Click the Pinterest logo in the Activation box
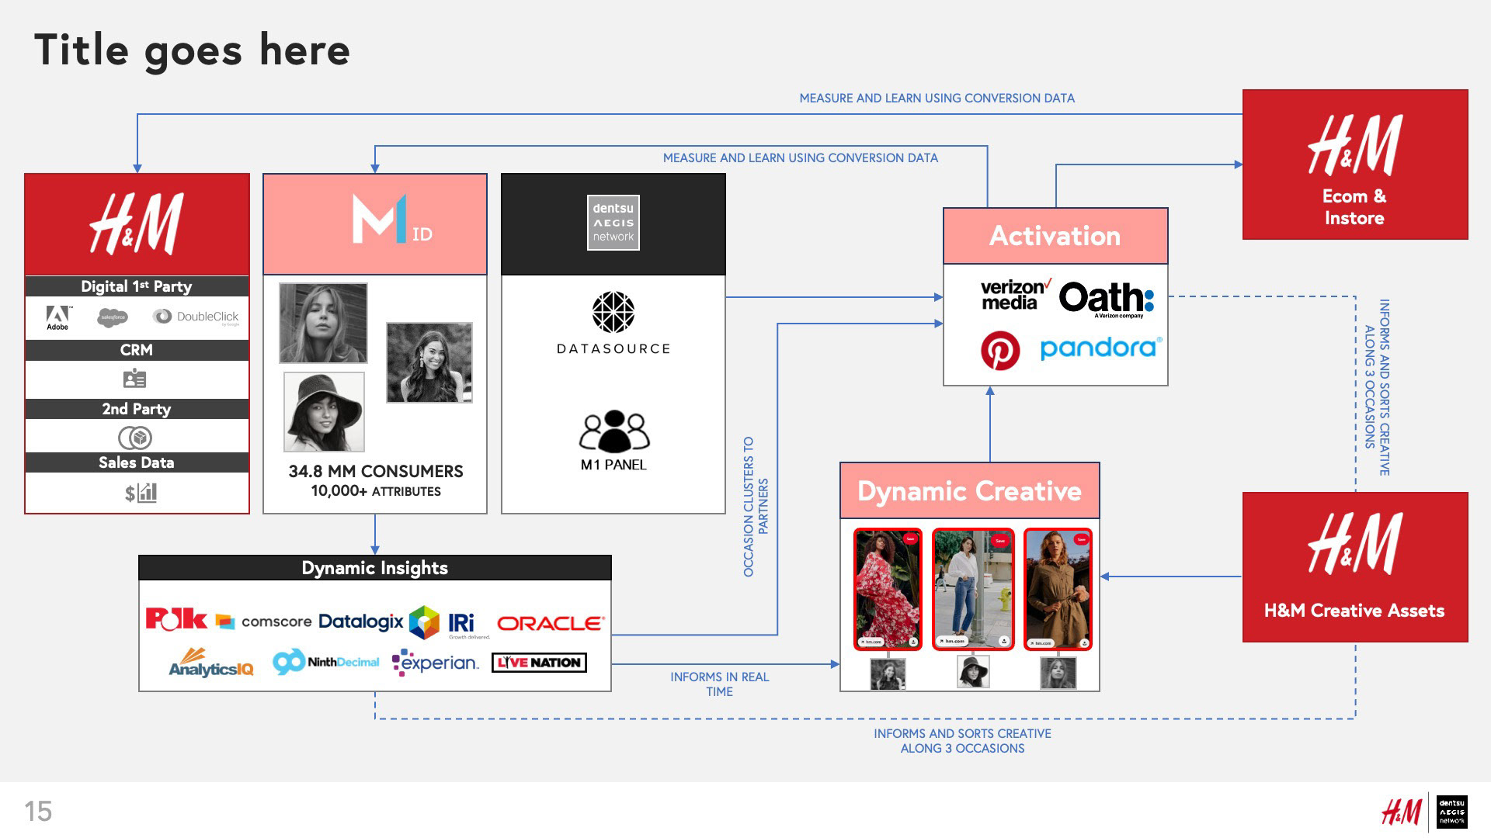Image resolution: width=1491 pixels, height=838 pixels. click(x=1000, y=351)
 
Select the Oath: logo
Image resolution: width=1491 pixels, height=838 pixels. click(x=1106, y=299)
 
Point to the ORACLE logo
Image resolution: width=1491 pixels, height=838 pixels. click(x=550, y=623)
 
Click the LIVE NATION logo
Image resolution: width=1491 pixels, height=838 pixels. click(x=539, y=663)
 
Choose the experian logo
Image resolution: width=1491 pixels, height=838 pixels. click(x=436, y=663)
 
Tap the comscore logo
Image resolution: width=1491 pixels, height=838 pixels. click(x=265, y=622)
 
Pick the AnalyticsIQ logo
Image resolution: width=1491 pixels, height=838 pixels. click(x=210, y=663)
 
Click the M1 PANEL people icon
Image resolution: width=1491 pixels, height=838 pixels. click(x=613, y=431)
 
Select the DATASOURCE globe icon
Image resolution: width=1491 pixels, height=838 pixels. click(x=613, y=312)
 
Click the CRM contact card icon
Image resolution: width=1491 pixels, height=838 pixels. click(x=135, y=379)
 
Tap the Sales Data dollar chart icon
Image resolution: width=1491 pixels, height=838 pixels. click(x=141, y=493)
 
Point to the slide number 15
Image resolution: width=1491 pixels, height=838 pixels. click(x=38, y=812)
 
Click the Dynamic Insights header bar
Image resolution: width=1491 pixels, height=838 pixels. click(x=375, y=568)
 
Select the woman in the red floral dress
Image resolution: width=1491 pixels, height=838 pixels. click(x=888, y=589)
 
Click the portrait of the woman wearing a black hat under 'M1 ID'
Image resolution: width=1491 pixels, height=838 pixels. click(x=324, y=412)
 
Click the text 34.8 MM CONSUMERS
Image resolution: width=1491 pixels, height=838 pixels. click(x=376, y=472)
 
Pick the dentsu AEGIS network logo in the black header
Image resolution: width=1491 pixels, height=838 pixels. click(x=613, y=223)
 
